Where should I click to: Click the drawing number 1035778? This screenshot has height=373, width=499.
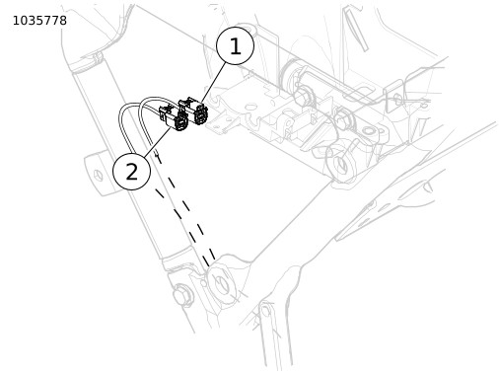[x=39, y=21]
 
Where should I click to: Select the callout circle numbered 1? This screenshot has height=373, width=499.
[x=235, y=45]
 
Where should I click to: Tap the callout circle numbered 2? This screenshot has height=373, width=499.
[x=132, y=171]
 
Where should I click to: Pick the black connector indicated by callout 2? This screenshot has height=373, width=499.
[x=174, y=118]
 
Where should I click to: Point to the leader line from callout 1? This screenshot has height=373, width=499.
[x=214, y=82]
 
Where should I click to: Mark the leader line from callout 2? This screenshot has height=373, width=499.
[x=157, y=141]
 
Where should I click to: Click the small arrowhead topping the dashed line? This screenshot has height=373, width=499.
[x=157, y=152]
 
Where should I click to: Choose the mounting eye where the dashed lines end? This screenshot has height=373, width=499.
[x=222, y=283]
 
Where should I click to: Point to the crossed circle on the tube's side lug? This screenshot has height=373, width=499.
[x=98, y=175]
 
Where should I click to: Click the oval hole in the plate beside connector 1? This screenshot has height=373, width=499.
[x=250, y=107]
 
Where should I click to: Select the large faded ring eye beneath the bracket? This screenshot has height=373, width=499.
[x=341, y=164]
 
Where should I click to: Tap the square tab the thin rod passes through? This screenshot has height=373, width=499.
[x=393, y=96]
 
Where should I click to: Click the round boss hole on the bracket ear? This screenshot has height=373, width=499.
[x=370, y=131]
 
